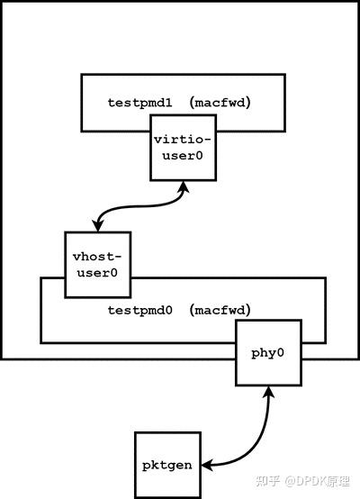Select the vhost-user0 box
96,264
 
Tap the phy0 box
267,353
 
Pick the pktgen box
166,464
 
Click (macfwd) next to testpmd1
220,103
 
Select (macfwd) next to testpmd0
220,310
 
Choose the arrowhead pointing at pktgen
206,465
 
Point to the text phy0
267,353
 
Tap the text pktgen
166,465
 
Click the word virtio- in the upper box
185,141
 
